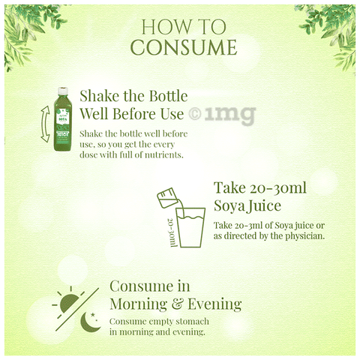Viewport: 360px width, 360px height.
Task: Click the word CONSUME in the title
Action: [x=184, y=47]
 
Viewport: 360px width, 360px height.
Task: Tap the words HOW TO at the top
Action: [x=184, y=27]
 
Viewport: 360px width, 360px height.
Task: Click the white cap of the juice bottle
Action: [x=63, y=91]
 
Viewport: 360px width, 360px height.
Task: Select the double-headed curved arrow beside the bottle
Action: [x=44, y=124]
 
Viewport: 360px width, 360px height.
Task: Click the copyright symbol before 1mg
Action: [x=195, y=114]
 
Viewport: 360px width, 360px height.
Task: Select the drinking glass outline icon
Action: [x=190, y=227]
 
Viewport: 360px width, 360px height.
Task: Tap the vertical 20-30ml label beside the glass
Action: [x=172, y=232]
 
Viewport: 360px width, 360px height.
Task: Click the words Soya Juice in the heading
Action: [x=247, y=205]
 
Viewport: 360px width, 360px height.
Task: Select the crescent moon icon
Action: [x=90, y=322]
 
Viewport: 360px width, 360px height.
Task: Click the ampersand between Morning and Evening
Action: [x=177, y=304]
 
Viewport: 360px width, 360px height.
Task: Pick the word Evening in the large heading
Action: [x=214, y=304]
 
